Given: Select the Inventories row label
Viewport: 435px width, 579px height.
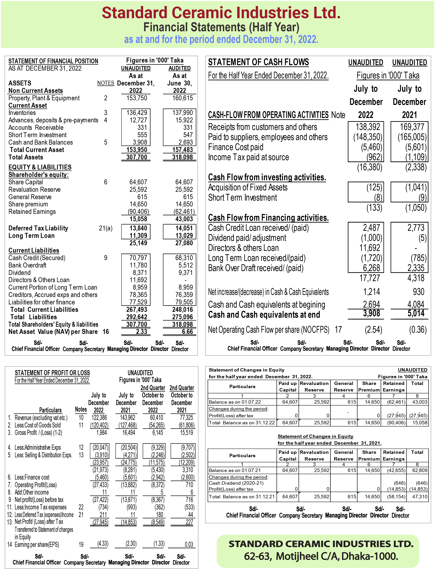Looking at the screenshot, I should click(22, 113).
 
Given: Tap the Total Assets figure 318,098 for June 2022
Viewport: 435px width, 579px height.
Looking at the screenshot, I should click(182, 157).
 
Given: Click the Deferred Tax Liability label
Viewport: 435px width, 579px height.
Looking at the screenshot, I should click(38, 228).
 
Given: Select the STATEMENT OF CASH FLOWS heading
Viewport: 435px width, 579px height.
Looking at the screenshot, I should click(258, 62).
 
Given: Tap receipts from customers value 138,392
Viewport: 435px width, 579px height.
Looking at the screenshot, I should click(368, 127).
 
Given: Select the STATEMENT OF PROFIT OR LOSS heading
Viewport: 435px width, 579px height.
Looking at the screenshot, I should click(52, 373).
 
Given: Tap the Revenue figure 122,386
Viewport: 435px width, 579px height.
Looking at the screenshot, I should click(99, 418).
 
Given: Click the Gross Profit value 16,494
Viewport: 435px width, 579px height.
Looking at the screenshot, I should click(129, 433).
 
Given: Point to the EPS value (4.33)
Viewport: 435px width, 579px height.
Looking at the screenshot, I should click(103, 544).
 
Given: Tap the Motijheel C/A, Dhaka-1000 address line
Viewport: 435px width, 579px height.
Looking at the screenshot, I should click(321, 556).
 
